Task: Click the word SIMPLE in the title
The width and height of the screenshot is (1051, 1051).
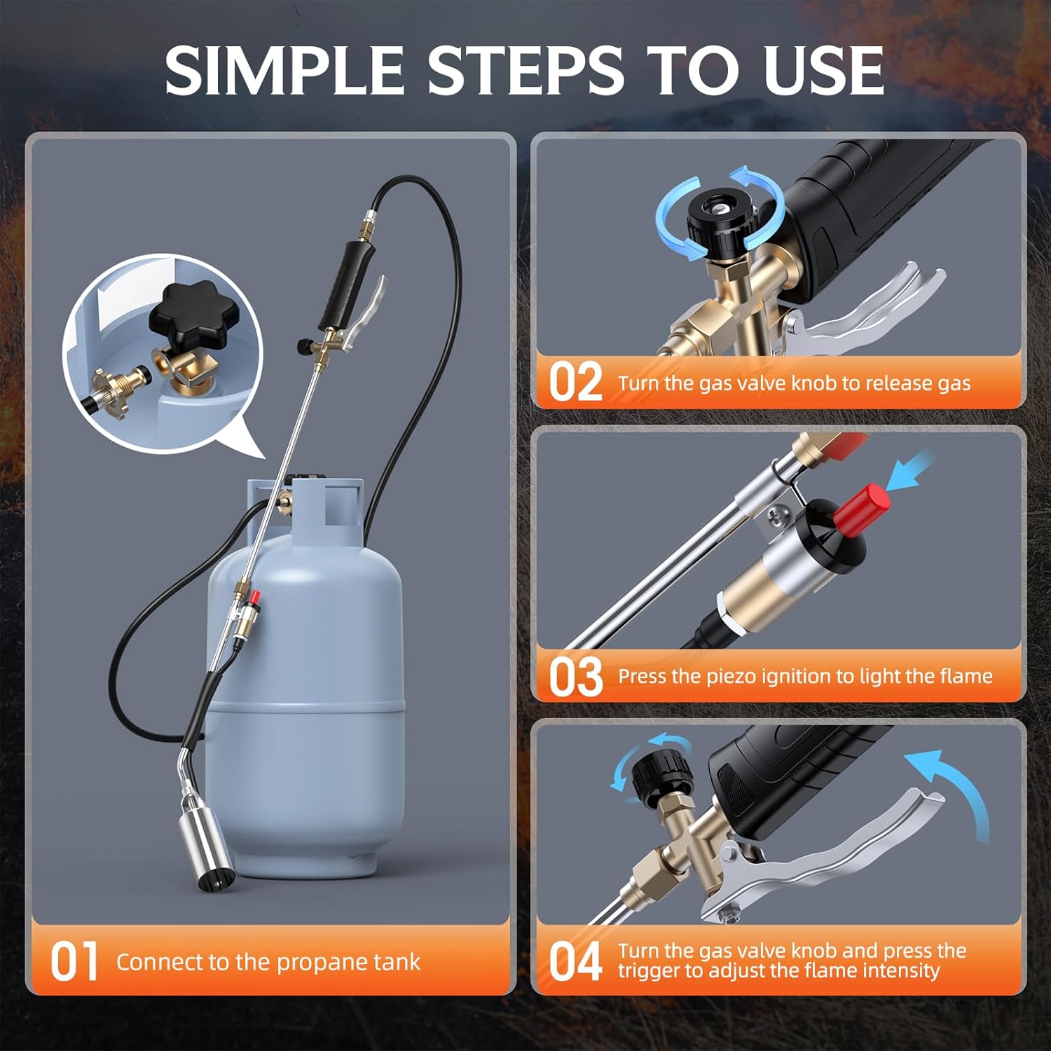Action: pyautogui.click(x=284, y=70)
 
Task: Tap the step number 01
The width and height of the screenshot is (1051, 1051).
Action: pyautogui.click(x=74, y=961)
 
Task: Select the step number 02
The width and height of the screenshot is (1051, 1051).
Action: pyautogui.click(x=575, y=383)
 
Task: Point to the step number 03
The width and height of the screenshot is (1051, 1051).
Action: pyautogui.click(x=575, y=676)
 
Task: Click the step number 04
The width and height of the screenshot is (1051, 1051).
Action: pyautogui.click(x=575, y=961)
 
